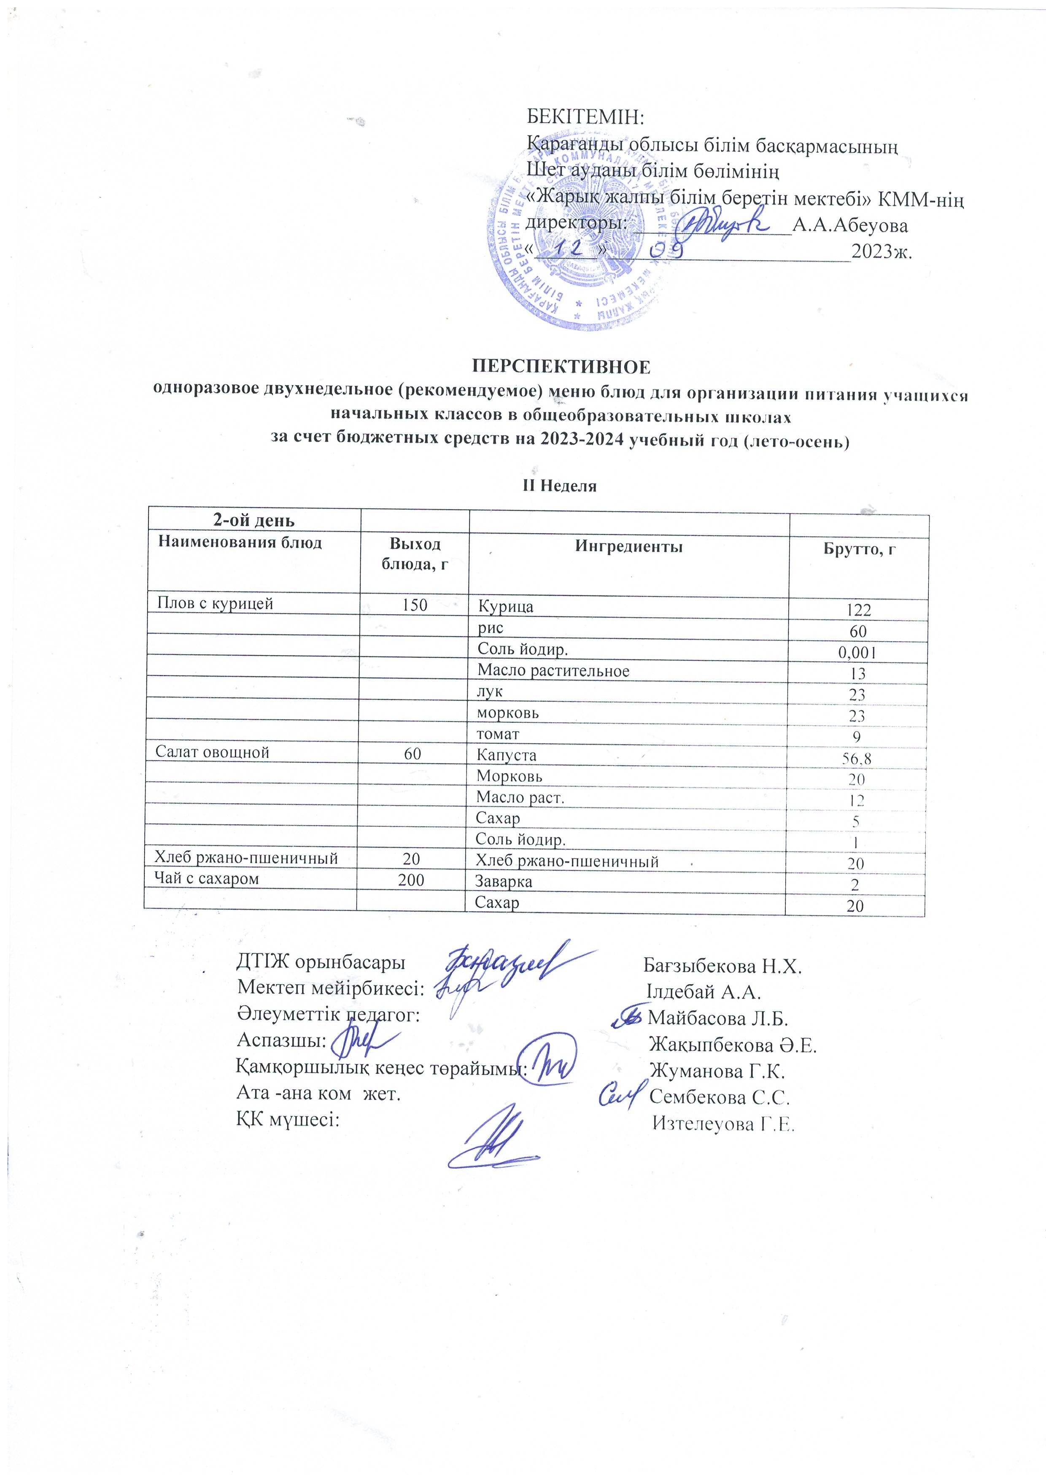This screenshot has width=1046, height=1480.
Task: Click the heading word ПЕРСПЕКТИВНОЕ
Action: pos(561,367)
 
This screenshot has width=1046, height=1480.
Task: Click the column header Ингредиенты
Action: pos(628,547)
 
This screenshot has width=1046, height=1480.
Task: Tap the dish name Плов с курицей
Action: pos(215,603)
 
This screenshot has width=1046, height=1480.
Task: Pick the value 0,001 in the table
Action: pos(857,653)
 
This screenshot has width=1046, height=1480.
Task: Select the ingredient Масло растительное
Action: pos(553,671)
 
